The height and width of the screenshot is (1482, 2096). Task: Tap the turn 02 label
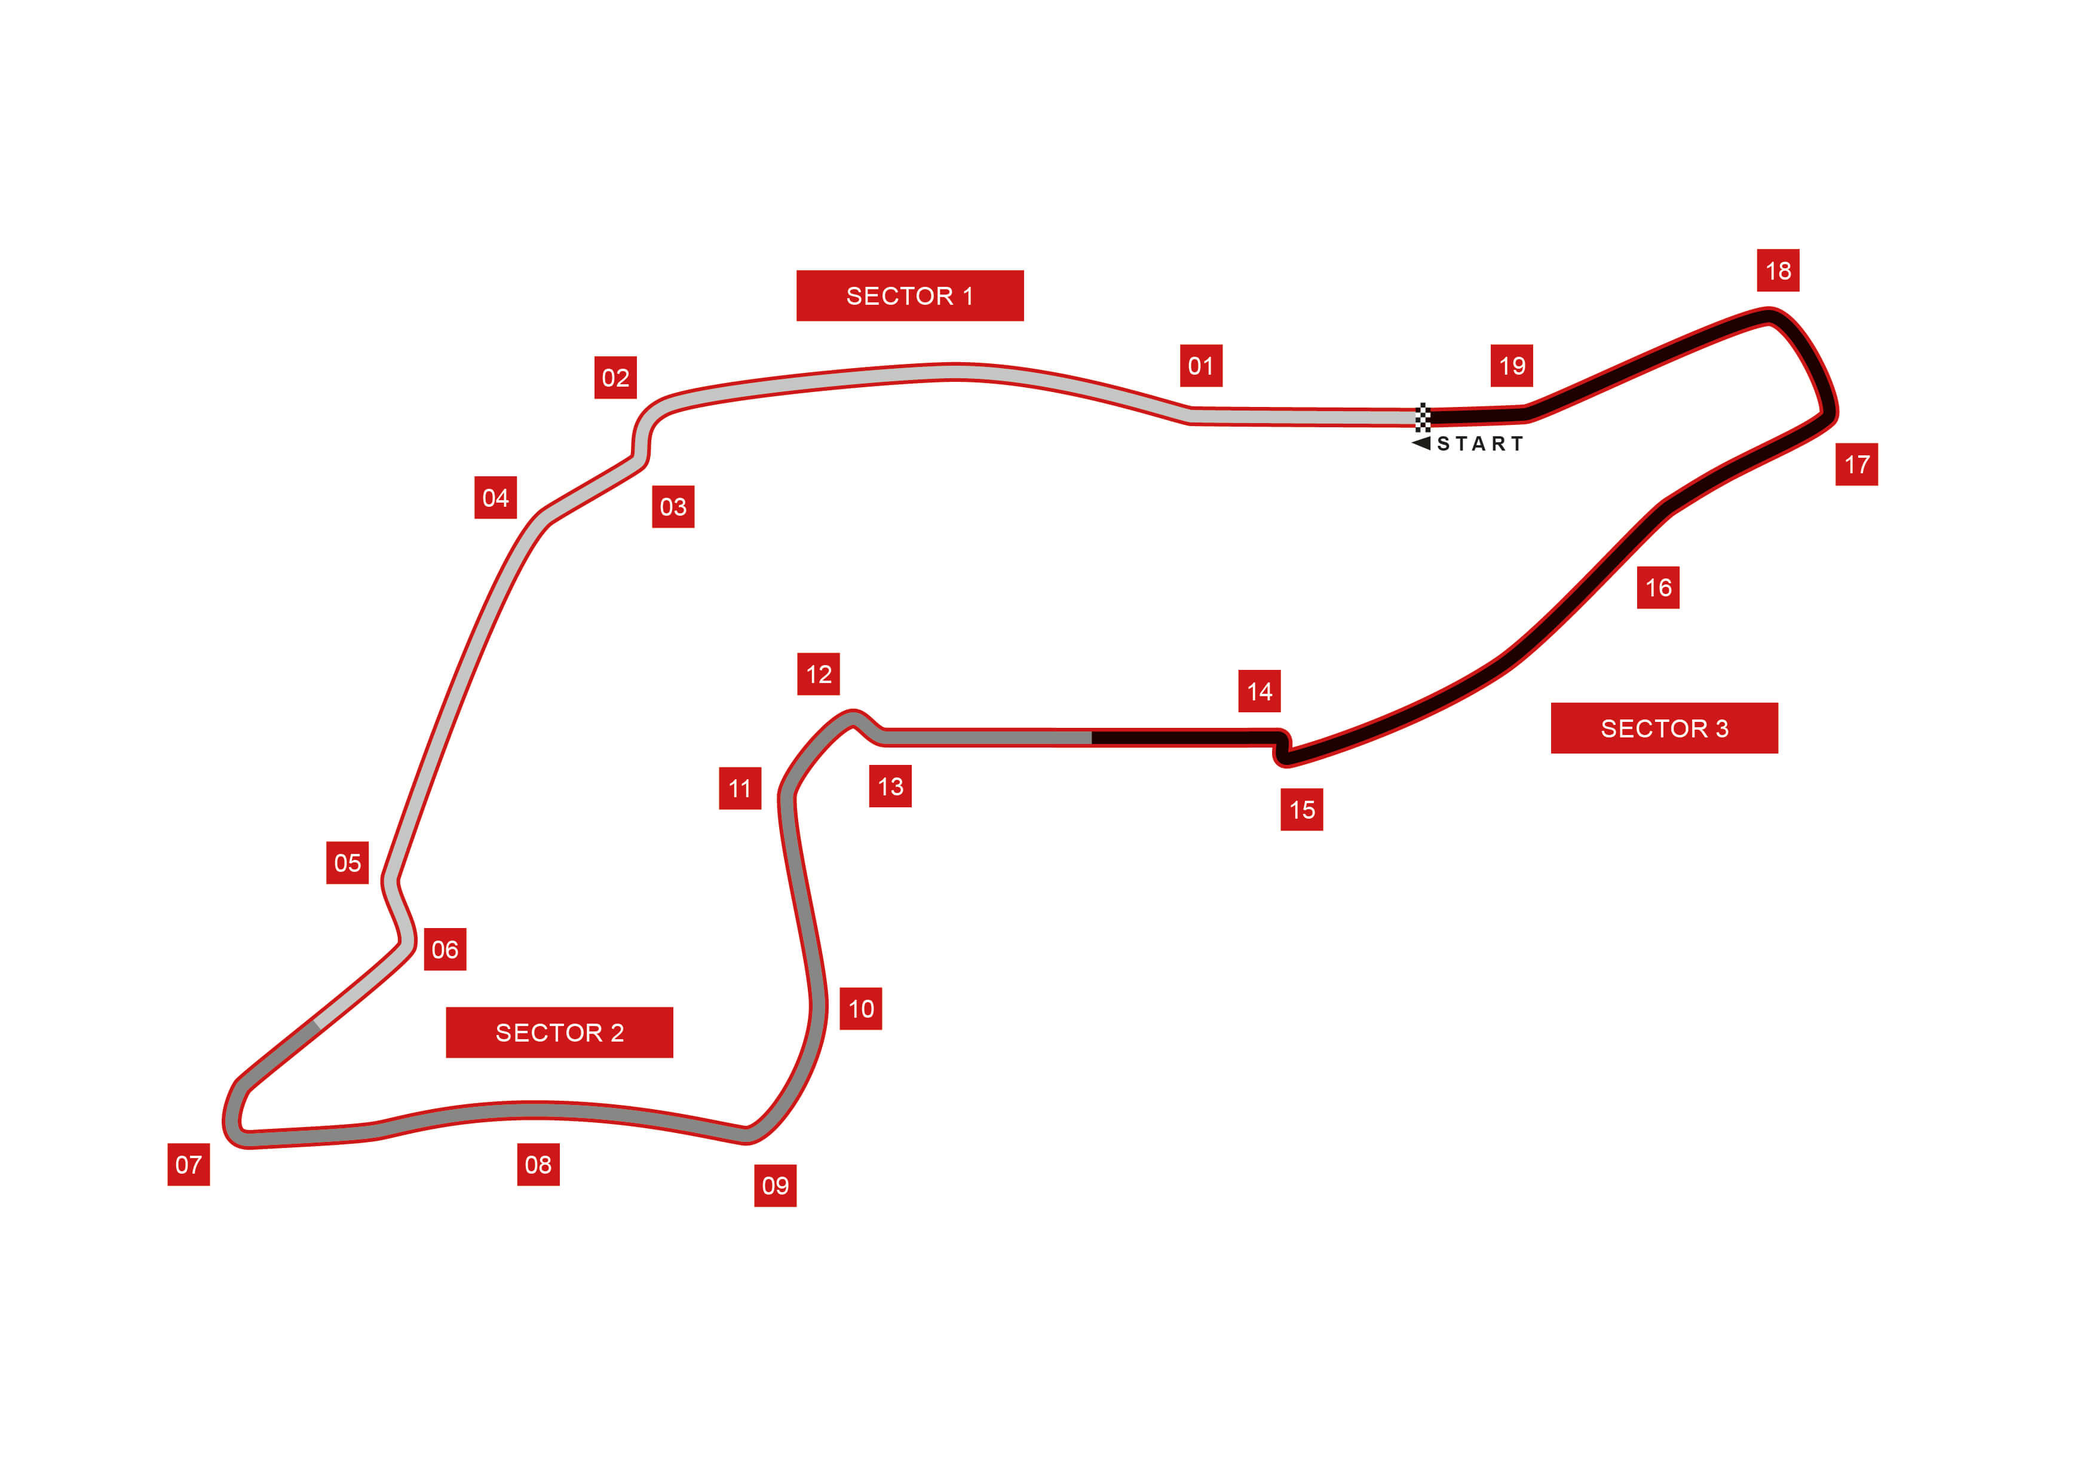pyautogui.click(x=615, y=378)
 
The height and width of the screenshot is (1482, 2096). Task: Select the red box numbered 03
pyautogui.click(x=673, y=507)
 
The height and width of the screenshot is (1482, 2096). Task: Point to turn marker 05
pyautogui.click(x=347, y=863)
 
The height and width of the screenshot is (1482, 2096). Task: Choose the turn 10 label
pyautogui.click(x=861, y=1008)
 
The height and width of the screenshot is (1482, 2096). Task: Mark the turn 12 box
pyautogui.click(x=818, y=674)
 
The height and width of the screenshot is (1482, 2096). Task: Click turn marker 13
pyautogui.click(x=890, y=786)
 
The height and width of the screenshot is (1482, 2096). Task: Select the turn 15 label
pyautogui.click(x=1302, y=809)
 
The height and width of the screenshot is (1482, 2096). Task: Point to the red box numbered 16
pyautogui.click(x=1658, y=587)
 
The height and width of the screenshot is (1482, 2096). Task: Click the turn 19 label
pyautogui.click(x=1512, y=366)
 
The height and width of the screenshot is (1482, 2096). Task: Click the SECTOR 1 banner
pyautogui.click(x=909, y=296)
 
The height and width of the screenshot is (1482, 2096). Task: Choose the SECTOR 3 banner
pyautogui.click(x=1663, y=728)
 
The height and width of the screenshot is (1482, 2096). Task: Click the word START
pyautogui.click(x=1480, y=444)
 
